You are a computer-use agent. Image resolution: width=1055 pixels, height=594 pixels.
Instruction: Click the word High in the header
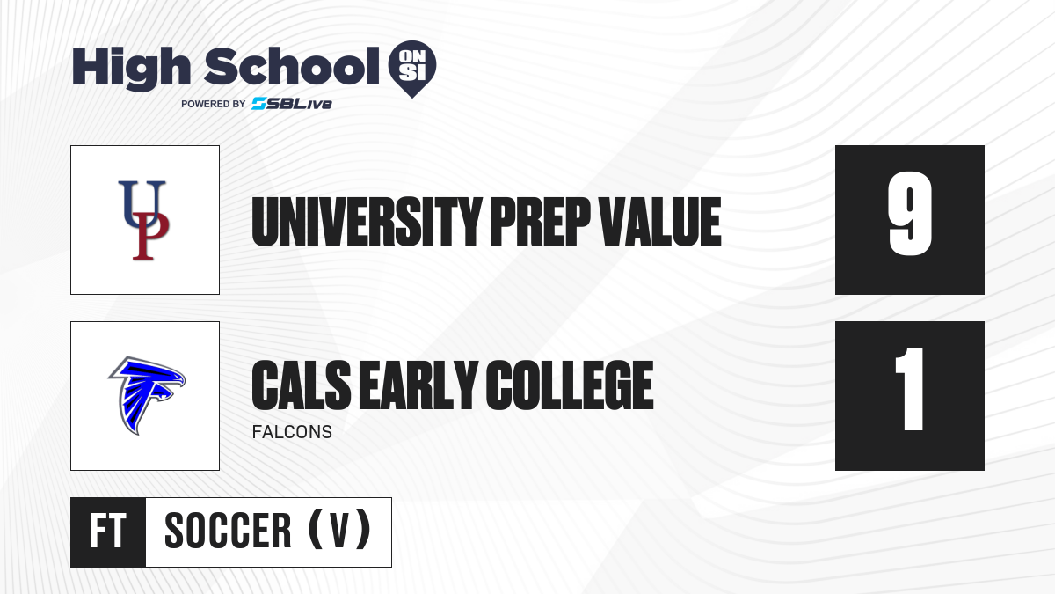pyautogui.click(x=132, y=69)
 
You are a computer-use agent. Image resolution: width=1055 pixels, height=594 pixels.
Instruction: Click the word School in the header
pyautogui.click(x=292, y=66)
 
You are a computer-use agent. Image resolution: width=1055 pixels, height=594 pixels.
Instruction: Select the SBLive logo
pyautogui.click(x=292, y=104)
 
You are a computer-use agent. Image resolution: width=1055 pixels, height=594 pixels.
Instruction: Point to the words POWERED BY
pyautogui.click(x=214, y=104)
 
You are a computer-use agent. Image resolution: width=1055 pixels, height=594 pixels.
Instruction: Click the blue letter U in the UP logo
pyautogui.click(x=142, y=202)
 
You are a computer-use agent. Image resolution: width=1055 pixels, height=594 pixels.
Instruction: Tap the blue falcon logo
pyautogui.click(x=147, y=395)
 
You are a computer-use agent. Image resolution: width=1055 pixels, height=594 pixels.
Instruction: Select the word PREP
pyautogui.click(x=541, y=222)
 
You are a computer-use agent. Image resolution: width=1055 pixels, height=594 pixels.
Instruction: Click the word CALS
pyautogui.click(x=302, y=385)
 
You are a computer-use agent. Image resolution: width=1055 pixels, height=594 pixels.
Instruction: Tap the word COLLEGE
pyautogui.click(x=570, y=385)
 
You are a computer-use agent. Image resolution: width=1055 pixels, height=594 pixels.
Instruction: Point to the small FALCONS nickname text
pyautogui.click(x=292, y=432)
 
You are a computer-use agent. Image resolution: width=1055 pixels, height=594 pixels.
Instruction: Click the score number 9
pyautogui.click(x=910, y=214)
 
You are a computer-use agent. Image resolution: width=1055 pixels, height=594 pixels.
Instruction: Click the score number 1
pyautogui.click(x=910, y=389)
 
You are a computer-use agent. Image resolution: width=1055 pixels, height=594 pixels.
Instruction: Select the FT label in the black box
pyautogui.click(x=108, y=531)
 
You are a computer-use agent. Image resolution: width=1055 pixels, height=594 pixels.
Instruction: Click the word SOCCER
pyautogui.click(x=228, y=531)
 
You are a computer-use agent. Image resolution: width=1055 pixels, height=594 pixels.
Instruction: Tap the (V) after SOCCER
pyautogui.click(x=339, y=530)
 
